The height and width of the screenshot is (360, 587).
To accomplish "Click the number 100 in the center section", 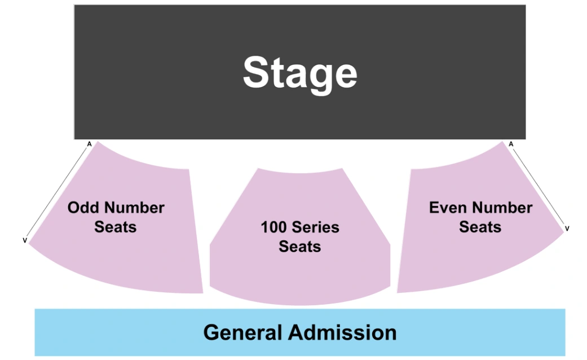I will (273, 227).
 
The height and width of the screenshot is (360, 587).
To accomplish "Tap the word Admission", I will (343, 332).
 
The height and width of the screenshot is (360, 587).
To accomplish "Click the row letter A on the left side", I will (89, 144).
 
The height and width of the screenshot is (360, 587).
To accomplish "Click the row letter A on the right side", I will (511, 144).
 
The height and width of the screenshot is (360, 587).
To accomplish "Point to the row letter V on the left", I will (24, 240).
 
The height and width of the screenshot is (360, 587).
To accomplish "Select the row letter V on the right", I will (567, 228).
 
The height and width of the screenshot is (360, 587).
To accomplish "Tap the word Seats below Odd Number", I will (116, 227).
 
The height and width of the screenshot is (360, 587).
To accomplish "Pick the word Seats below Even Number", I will (480, 227).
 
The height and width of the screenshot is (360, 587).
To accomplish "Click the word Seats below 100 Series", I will (300, 247).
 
